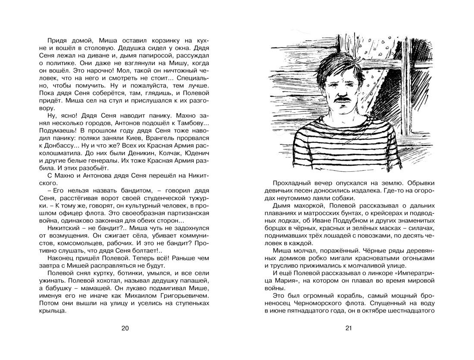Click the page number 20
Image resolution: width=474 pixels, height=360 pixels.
(x=125, y=328)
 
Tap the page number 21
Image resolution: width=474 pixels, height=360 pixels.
(x=349, y=328)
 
